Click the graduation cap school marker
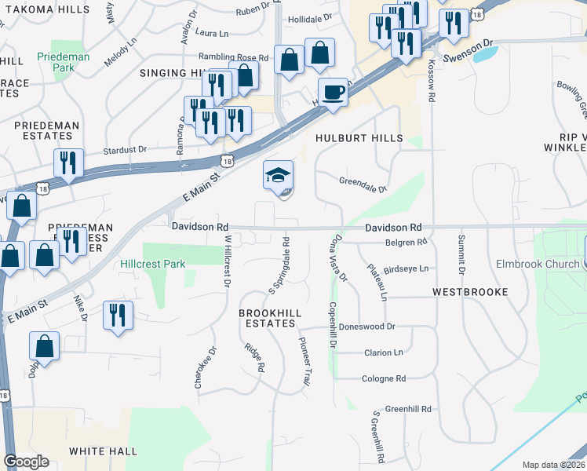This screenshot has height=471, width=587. coord(279,177)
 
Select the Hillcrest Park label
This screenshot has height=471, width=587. coord(153,264)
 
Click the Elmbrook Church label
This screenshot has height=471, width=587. coord(538,264)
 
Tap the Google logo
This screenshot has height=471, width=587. coord(26,461)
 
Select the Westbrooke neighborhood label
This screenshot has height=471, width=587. coord(470,292)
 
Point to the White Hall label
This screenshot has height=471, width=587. coord(103,451)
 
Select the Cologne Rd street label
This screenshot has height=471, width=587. coord(384,378)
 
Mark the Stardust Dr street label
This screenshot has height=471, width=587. coord(126,149)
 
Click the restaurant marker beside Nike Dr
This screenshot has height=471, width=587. coord(118,316)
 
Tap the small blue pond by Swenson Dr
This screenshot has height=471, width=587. coord(487,54)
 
